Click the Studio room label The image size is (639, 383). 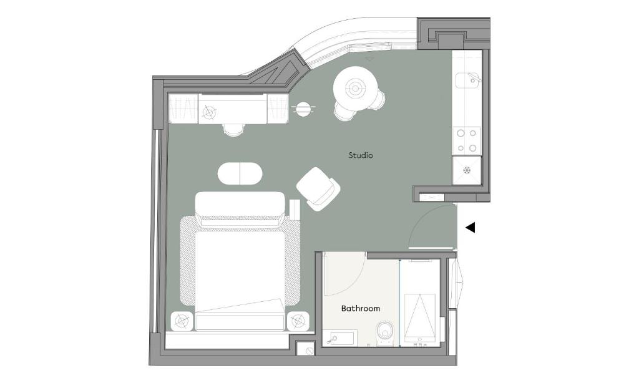click(x=361, y=155)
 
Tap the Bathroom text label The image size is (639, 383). click(x=361, y=308)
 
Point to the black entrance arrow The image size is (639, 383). click(x=471, y=227)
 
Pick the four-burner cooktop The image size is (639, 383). click(x=467, y=140)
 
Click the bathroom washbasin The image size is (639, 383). click(x=341, y=337)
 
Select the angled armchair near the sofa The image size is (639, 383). click(x=318, y=188)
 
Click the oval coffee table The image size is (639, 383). click(x=240, y=173)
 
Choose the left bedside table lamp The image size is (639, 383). click(x=182, y=321)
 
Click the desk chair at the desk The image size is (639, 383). click(x=233, y=130)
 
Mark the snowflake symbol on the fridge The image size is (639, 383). click(x=467, y=170)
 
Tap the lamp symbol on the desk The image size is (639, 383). click(x=208, y=111)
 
